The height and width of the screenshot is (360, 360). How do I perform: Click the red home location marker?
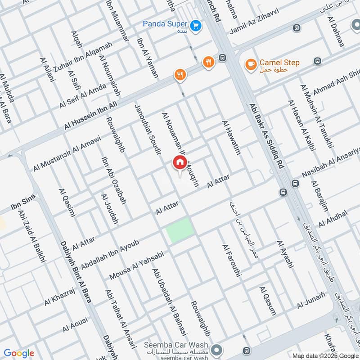[179, 162]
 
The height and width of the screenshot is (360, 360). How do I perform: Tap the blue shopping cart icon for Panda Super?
[195, 25]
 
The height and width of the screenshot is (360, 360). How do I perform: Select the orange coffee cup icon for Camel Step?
[249, 63]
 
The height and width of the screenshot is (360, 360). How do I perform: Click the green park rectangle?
[180, 230]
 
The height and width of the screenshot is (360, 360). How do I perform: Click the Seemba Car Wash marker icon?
[216, 349]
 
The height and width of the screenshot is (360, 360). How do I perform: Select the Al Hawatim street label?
[231, 138]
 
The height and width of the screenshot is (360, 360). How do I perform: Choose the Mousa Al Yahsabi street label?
[135, 265]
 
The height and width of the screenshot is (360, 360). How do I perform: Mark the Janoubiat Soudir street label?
[148, 129]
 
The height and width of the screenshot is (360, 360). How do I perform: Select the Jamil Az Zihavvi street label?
[254, 24]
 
